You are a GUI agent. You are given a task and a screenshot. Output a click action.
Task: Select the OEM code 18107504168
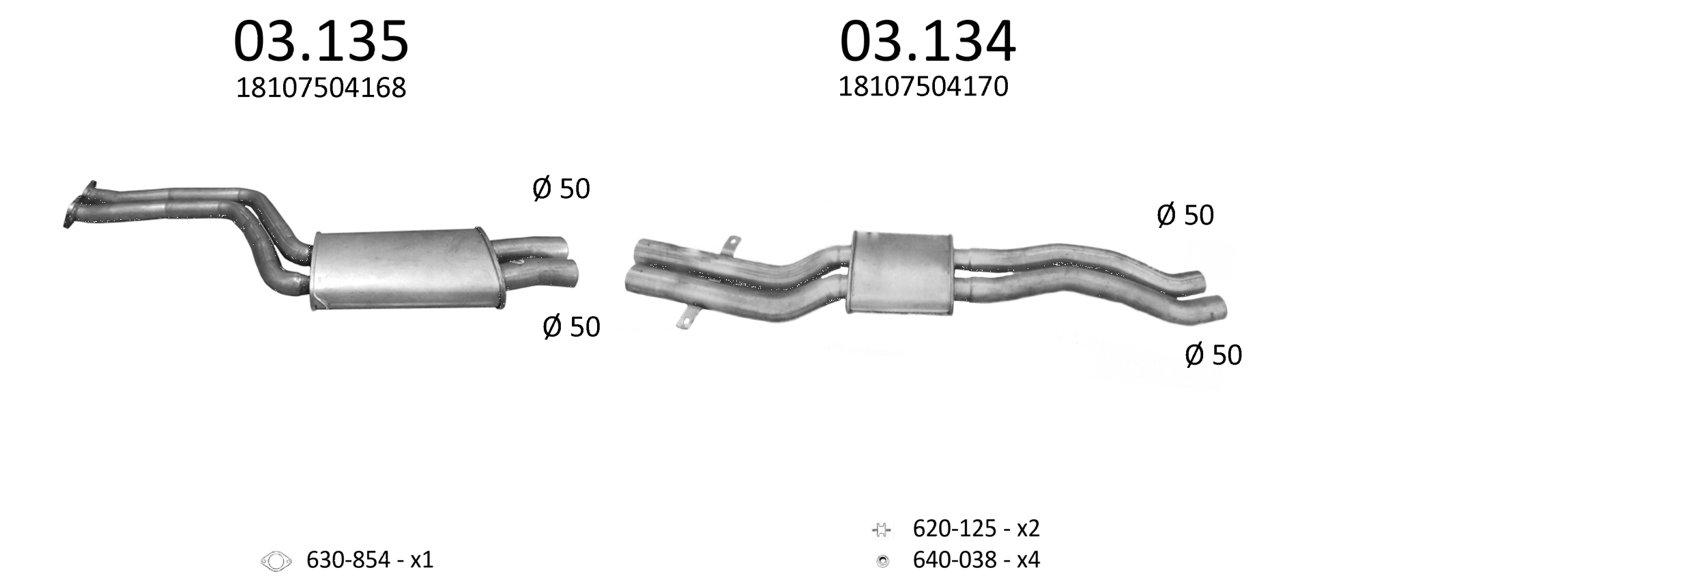321,88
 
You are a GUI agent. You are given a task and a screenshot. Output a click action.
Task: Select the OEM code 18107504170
923,87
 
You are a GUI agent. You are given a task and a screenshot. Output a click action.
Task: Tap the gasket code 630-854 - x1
370,560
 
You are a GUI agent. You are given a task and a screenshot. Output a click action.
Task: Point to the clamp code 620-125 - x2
977,528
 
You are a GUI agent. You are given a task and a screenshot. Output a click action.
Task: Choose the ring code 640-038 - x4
977,560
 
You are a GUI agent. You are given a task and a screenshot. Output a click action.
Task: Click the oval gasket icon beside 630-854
276,561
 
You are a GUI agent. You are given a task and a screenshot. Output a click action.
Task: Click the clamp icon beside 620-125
882,529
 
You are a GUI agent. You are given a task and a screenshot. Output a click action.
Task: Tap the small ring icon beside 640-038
882,562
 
